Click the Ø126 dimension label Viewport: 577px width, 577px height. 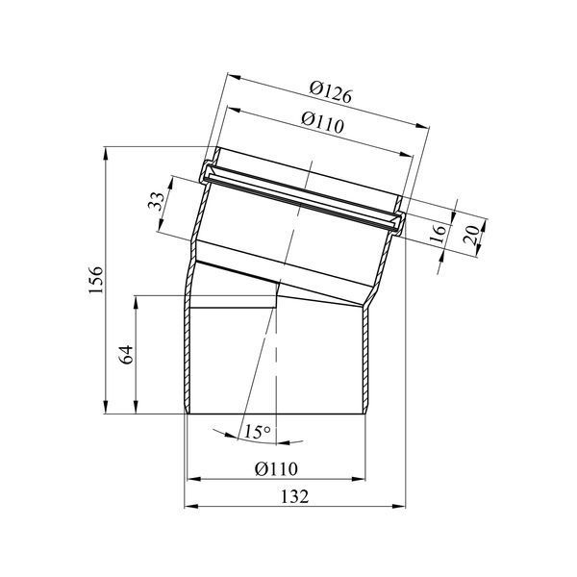331,92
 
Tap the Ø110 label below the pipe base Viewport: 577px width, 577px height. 276,469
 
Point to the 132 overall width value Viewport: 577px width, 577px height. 294,497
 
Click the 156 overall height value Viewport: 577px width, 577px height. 96,280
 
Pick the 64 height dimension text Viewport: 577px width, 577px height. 127,354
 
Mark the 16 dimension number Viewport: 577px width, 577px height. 438,234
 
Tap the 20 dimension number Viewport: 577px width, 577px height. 471,235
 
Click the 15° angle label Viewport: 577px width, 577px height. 257,431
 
